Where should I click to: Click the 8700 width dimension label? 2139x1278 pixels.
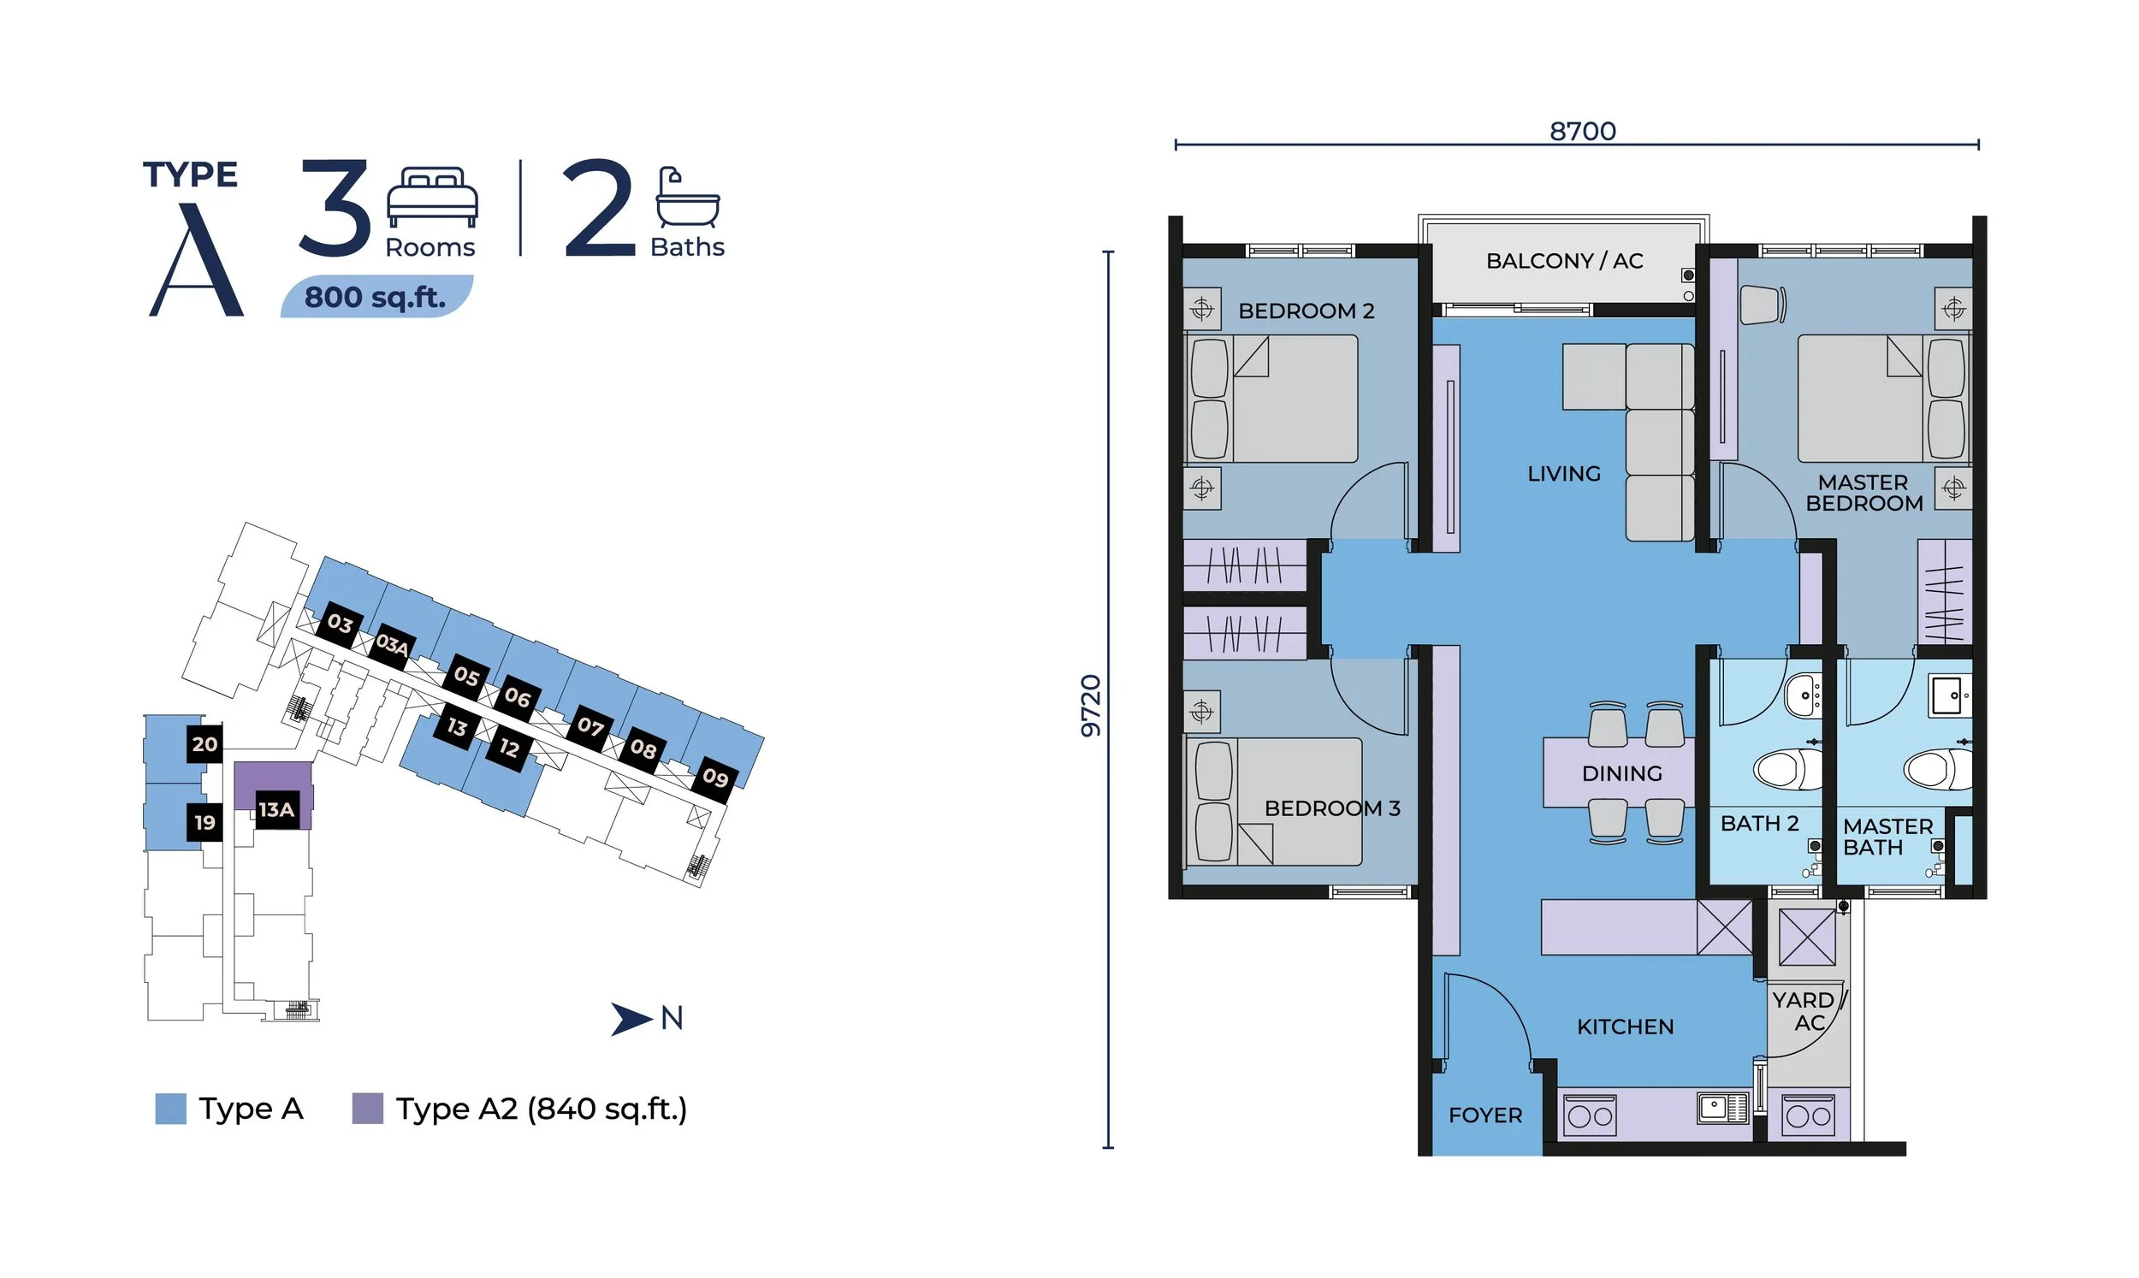click(1583, 131)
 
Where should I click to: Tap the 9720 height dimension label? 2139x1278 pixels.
click(1090, 706)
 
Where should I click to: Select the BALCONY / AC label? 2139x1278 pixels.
click(1564, 261)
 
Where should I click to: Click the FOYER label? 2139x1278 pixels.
click(1484, 1115)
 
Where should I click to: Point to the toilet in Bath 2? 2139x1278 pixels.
click(1786, 768)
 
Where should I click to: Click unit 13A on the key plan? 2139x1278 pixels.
click(276, 809)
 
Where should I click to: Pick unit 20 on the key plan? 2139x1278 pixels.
click(205, 744)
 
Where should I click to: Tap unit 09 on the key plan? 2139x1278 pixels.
click(714, 778)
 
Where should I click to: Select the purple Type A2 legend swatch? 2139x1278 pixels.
click(368, 1109)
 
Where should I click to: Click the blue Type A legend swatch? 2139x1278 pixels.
click(170, 1109)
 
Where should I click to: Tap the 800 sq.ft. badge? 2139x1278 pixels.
click(376, 297)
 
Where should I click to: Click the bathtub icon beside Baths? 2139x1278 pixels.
click(687, 198)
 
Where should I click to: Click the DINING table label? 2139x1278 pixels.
click(1621, 773)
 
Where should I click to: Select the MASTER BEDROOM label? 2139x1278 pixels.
click(1863, 493)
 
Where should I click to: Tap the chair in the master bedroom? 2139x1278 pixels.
click(1761, 305)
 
